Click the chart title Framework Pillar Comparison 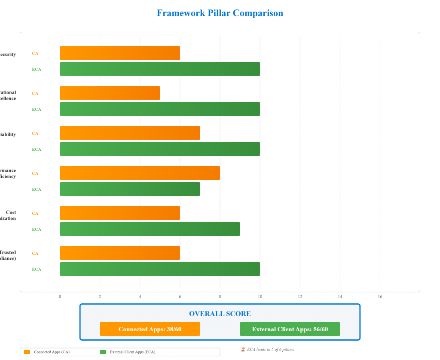(x=220, y=13)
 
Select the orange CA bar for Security (x=120, y=53)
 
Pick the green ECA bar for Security (x=160, y=69)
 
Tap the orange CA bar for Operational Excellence (x=110, y=93)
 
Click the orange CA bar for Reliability (x=130, y=133)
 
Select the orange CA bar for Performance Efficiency (x=140, y=173)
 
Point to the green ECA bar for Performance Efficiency (x=130, y=189)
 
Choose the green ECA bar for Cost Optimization (x=150, y=229)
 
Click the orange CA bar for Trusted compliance (x=120, y=253)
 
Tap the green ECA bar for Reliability (x=160, y=149)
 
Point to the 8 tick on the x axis (x=220, y=296)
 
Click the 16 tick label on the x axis (x=380, y=296)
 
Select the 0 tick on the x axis (x=60, y=296)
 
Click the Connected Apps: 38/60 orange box (x=150, y=329)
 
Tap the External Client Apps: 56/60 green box (x=290, y=329)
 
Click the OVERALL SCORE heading (x=220, y=314)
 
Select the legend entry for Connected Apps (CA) (x=47, y=352)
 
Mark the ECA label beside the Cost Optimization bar (x=37, y=229)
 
